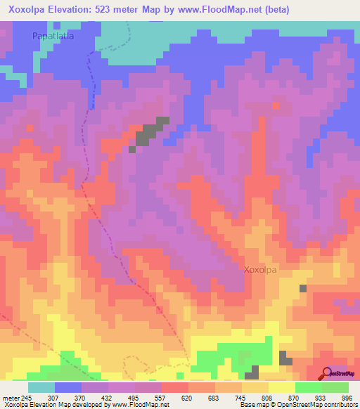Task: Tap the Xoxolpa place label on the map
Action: tap(264, 269)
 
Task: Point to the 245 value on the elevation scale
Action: tap(23, 398)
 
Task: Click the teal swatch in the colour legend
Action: tap(41, 387)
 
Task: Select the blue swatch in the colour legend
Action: tap(68, 387)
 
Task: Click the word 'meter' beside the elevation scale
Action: tap(8, 398)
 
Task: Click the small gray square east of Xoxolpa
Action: tap(303, 288)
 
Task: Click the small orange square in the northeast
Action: tap(276, 105)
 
